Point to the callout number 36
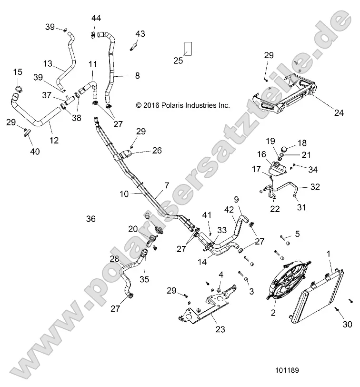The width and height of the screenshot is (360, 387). pyautogui.click(x=91, y=219)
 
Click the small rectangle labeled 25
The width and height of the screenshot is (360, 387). pyautogui.click(x=189, y=49)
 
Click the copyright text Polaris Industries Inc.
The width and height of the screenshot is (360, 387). pyautogui.click(x=183, y=105)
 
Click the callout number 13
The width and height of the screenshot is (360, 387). pyautogui.click(x=48, y=64)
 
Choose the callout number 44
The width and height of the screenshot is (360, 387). pyautogui.click(x=97, y=18)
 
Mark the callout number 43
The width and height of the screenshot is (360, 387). pyautogui.click(x=140, y=34)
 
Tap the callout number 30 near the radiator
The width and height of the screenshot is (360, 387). pyautogui.click(x=347, y=325)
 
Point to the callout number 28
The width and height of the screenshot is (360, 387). pyautogui.click(x=114, y=259)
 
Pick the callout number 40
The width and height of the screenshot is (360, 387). pyautogui.click(x=35, y=152)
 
